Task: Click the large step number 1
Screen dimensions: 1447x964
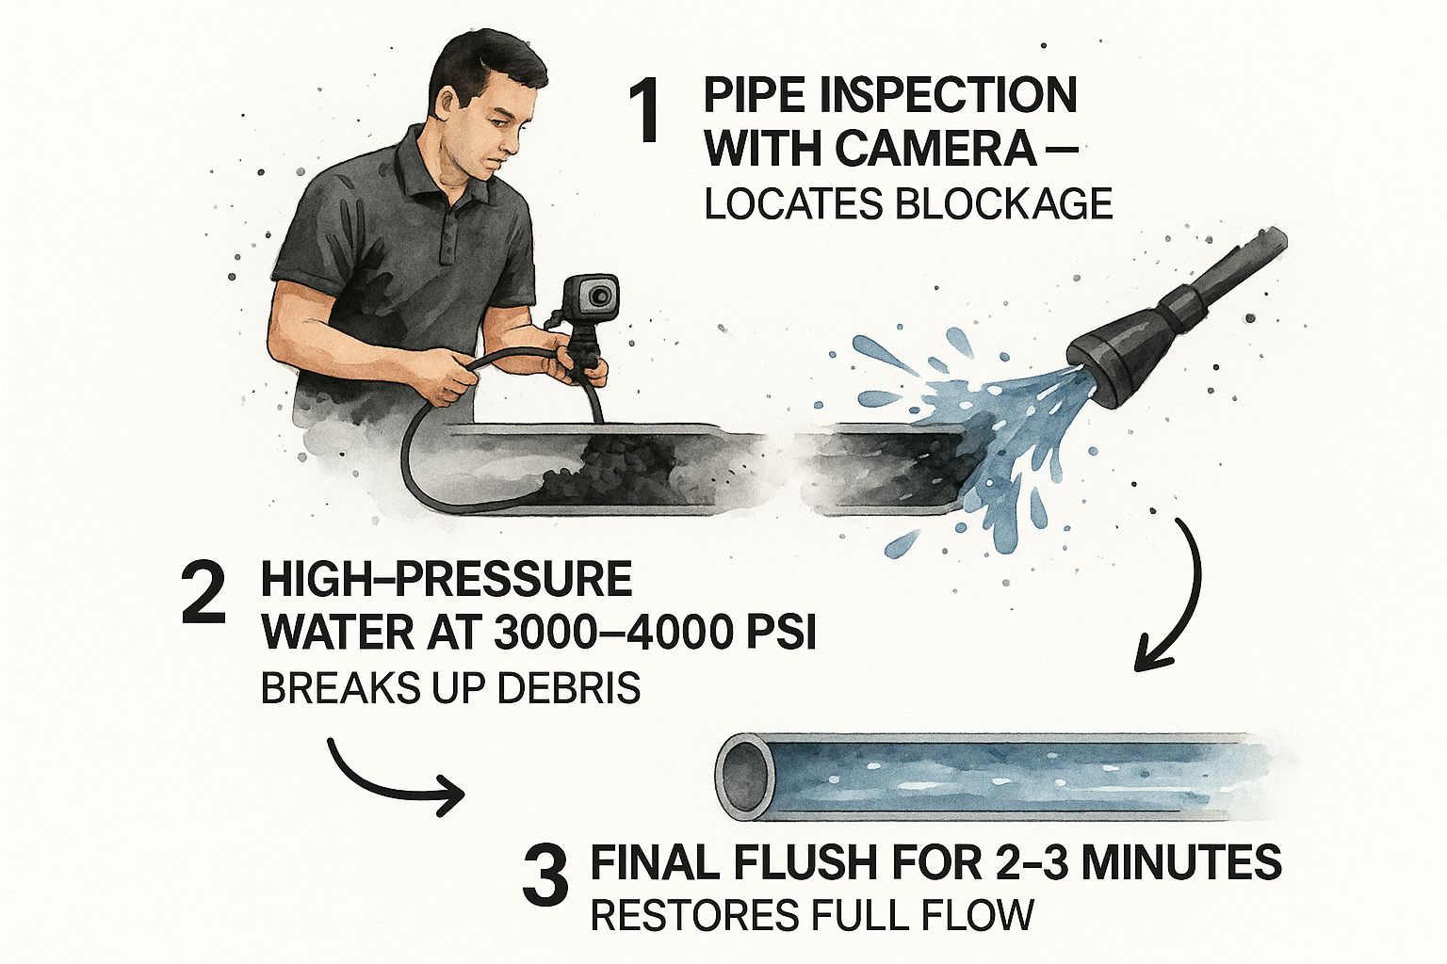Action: [646, 112]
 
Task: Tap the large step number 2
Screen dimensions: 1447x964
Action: [204, 592]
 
